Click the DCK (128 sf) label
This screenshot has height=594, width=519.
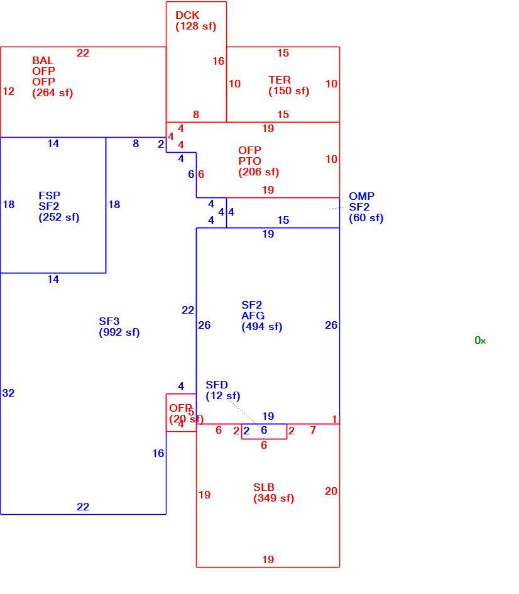click(195, 21)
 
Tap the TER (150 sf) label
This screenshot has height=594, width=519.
click(289, 85)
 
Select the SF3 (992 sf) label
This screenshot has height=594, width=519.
click(119, 327)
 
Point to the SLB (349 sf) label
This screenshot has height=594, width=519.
click(274, 492)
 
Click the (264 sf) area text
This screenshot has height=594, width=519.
click(53, 93)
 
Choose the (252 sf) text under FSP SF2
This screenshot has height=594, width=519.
click(59, 217)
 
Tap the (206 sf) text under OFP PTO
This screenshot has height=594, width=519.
click(258, 172)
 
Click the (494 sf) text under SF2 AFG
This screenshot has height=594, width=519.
click(262, 327)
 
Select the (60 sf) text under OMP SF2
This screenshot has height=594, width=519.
click(366, 218)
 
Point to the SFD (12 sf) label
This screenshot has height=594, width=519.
click(223, 390)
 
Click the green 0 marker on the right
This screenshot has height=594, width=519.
click(478, 340)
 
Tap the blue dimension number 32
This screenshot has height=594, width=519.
click(8, 393)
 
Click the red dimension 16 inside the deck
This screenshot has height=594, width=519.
click(219, 61)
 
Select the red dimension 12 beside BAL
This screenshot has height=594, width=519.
click(8, 91)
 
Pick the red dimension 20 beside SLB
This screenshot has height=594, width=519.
click(331, 491)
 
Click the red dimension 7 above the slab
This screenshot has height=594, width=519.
click(313, 430)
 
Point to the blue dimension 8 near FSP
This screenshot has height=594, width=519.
click(136, 143)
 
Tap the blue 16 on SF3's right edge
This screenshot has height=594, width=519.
click(158, 453)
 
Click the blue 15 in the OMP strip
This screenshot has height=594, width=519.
click(283, 220)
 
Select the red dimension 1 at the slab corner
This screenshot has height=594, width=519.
click(334, 419)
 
